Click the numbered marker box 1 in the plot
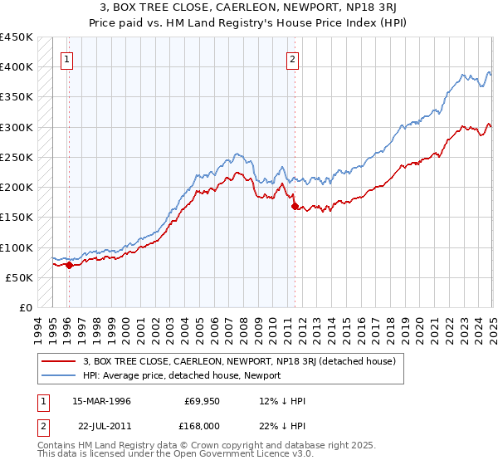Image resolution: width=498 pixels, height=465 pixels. coord(66,59)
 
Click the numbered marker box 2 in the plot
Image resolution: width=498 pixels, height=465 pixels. coord(293,59)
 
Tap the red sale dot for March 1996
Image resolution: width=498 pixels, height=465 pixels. coord(69,266)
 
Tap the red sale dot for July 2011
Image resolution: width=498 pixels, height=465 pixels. coord(295,207)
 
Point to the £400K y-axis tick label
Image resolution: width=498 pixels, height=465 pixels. coord(16,67)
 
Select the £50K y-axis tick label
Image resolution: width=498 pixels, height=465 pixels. coord(19,277)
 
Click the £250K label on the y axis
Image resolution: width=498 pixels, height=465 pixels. coord(16,157)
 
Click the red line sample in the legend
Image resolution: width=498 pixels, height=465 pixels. coord(59,361)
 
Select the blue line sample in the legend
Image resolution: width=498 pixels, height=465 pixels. coord(59,375)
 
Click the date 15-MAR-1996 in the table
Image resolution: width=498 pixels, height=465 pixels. coord(101,401)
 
